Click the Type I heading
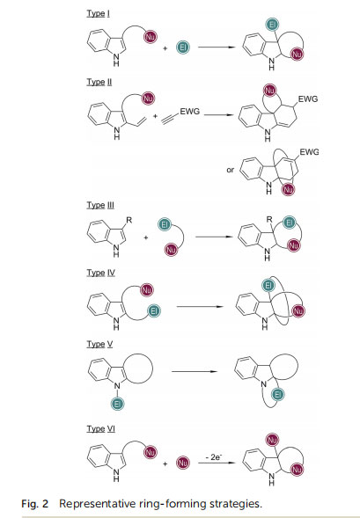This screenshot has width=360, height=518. (99, 13)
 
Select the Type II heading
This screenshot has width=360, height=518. (99, 82)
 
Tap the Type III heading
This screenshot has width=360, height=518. (100, 205)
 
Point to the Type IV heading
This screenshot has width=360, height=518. (101, 273)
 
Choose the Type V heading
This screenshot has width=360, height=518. (99, 344)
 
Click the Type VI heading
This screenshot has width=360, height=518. (101, 429)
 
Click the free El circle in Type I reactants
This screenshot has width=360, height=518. (183, 47)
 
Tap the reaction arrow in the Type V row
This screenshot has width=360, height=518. (195, 372)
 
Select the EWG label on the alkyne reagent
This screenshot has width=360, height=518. (190, 112)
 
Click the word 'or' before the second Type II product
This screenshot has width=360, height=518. (230, 170)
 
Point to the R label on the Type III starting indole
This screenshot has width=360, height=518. (129, 220)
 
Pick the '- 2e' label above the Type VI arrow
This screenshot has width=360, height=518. (214, 457)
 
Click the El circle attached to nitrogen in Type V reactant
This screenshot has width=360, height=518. (118, 404)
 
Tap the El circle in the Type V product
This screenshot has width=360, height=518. (277, 395)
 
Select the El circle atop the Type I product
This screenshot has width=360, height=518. (272, 25)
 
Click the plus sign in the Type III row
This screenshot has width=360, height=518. (146, 237)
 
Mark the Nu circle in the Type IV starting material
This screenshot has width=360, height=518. (146, 290)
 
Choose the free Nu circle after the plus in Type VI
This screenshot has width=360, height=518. (183, 463)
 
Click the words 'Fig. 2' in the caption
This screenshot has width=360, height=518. (34, 504)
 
